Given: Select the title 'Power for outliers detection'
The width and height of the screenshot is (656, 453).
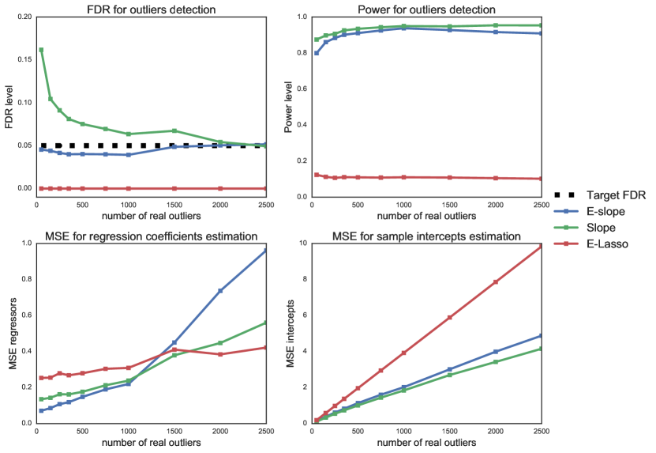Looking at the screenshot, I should tap(426, 9).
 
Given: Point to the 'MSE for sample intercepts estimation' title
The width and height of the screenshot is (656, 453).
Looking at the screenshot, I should tap(426, 235).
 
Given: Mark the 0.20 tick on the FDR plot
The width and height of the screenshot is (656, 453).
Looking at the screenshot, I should tap(23, 17).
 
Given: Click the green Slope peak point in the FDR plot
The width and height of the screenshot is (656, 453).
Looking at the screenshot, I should tap(41, 50).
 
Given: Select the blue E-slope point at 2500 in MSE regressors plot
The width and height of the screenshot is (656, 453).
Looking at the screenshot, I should tap(265, 251).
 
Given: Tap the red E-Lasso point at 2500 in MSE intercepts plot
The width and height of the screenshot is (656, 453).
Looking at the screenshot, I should tap(541, 247).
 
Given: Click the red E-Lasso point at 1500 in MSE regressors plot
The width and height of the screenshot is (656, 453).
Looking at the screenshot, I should tap(174, 349).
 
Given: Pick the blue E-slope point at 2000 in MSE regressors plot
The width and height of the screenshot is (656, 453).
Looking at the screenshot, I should tap(220, 291).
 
